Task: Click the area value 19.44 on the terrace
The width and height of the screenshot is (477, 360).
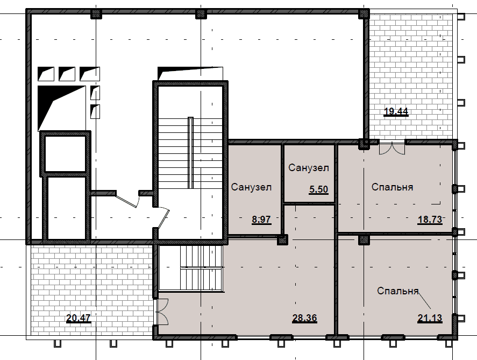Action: click(396, 112)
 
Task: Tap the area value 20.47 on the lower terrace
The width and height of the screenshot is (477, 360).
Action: click(79, 319)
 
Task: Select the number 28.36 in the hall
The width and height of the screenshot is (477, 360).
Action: click(304, 319)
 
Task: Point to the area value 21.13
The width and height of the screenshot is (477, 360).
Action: click(430, 319)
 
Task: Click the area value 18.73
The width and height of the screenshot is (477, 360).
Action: click(430, 220)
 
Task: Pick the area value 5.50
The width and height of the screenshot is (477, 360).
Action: click(319, 189)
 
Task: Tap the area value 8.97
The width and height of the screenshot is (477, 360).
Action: click(261, 220)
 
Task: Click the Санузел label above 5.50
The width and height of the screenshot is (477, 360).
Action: click(309, 168)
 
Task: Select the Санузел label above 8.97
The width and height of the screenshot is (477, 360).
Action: click(251, 187)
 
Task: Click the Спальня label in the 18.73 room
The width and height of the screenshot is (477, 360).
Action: click(392, 187)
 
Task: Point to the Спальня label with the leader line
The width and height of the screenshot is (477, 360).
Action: click(398, 291)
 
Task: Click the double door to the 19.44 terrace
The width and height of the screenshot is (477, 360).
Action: click(392, 148)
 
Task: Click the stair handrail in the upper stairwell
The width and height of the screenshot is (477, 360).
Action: click(191, 153)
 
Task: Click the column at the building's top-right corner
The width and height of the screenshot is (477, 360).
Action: click(364, 13)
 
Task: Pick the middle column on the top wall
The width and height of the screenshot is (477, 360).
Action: click(201, 13)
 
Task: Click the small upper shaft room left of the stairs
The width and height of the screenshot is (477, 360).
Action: click(66, 154)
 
